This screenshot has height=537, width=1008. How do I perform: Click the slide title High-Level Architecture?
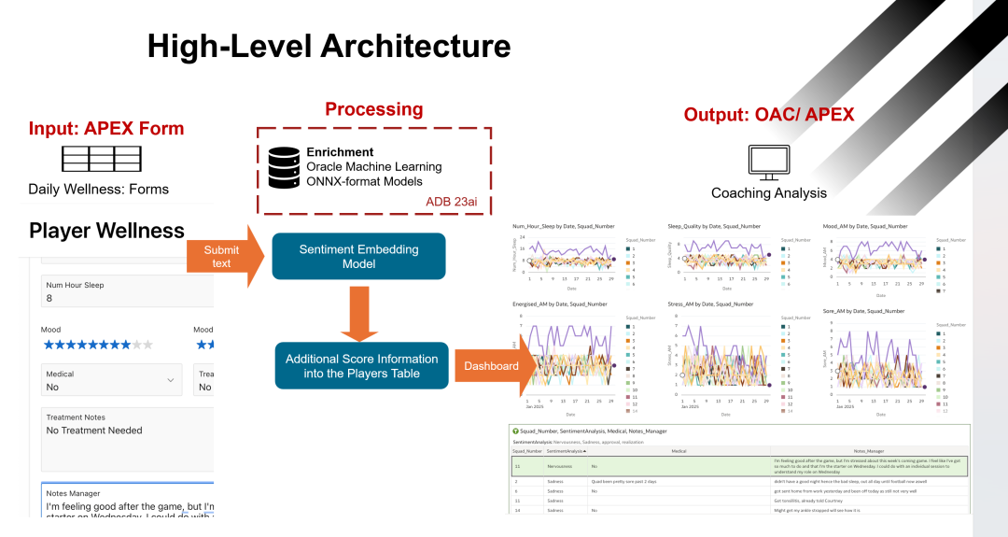(x=329, y=46)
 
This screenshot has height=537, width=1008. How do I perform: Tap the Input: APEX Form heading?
(x=106, y=129)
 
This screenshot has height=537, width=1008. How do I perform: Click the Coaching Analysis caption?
(x=768, y=193)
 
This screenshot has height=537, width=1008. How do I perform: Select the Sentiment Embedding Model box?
(x=358, y=256)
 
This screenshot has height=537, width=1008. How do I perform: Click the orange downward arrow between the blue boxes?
(x=358, y=312)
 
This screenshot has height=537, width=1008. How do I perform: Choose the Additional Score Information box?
(x=361, y=365)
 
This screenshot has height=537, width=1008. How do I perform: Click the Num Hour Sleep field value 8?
(x=49, y=299)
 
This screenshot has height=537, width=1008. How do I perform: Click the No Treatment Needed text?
(x=94, y=431)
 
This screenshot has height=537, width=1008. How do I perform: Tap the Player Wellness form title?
(x=106, y=231)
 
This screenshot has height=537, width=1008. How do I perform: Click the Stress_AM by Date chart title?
(x=709, y=304)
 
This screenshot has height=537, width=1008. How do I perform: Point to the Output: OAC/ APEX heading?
(x=768, y=115)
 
